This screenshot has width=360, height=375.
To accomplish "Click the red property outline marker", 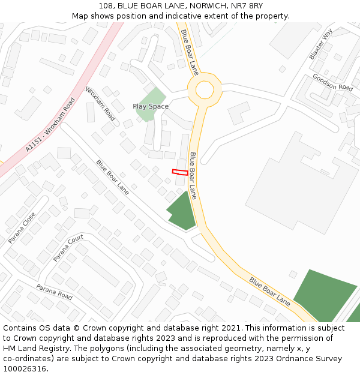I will pyautogui.click(x=180, y=172).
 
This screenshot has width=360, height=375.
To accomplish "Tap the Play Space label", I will pyautogui.click(x=151, y=106).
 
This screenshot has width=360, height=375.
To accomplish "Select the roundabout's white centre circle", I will pyautogui.click(x=205, y=90).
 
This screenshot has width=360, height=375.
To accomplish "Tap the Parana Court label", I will pyautogui.click(x=68, y=248).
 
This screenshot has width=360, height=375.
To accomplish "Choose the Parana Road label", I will pyautogui.click(x=54, y=292).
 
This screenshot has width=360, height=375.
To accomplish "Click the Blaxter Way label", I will pyautogui.click(x=321, y=44).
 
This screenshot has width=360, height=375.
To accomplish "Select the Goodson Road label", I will pyautogui.click(x=332, y=82).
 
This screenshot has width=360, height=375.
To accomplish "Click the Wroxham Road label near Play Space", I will pyautogui.click(x=100, y=104).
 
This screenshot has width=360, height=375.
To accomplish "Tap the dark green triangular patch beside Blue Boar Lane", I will pyautogui.click(x=182, y=211).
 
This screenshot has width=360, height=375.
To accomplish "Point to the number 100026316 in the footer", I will pyautogui.click(x=25, y=368).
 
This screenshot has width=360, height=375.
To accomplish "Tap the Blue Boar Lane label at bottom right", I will pyautogui.click(x=270, y=292).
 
